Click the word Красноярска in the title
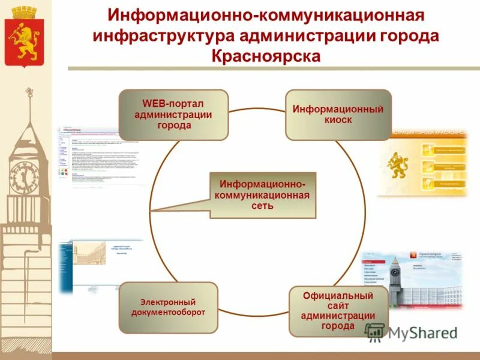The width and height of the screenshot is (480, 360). [x=266, y=56]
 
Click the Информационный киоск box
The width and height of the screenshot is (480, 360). [x=338, y=115]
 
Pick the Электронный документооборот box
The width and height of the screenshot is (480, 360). [x=168, y=307]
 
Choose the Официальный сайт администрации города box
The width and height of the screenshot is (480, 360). [x=338, y=311]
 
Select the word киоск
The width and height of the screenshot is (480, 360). [x=338, y=120]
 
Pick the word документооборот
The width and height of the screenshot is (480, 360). [x=168, y=313]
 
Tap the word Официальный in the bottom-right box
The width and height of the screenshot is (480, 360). [x=338, y=296]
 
